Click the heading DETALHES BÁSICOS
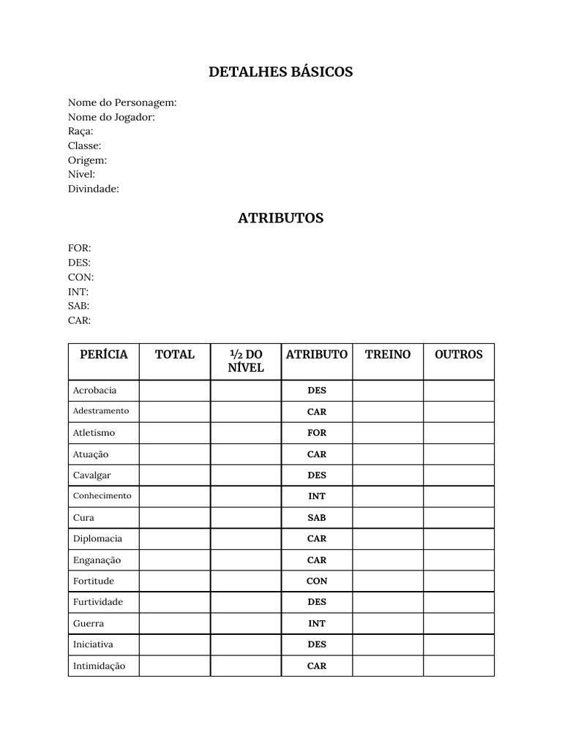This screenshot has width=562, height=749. click(x=280, y=72)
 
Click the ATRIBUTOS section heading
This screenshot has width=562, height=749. click(x=280, y=218)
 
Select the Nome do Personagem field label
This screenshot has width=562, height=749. click(x=122, y=102)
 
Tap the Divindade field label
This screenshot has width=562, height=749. click(x=94, y=189)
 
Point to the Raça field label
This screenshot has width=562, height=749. click(x=80, y=131)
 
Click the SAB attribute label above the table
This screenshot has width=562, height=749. click(x=78, y=306)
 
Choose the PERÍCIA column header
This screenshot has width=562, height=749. click(x=103, y=355)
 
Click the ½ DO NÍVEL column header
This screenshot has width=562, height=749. click(x=246, y=361)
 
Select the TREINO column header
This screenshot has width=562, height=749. click(x=388, y=355)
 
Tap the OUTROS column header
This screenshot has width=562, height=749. click(x=459, y=355)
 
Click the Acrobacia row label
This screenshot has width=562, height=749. click(x=94, y=391)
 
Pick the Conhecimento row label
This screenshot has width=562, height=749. click(x=102, y=496)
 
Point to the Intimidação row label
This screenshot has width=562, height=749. click(x=99, y=666)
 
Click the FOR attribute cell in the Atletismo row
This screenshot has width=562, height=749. click(x=317, y=433)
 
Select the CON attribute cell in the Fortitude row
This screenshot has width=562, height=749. click(x=317, y=581)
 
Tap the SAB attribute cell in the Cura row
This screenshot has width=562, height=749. click(x=317, y=518)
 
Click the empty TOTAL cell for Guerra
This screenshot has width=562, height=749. click(x=175, y=624)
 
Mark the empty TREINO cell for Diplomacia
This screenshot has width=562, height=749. click(x=388, y=539)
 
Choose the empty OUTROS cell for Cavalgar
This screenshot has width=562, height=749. click(x=459, y=475)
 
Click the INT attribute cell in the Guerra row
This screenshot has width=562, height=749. click(x=317, y=624)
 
